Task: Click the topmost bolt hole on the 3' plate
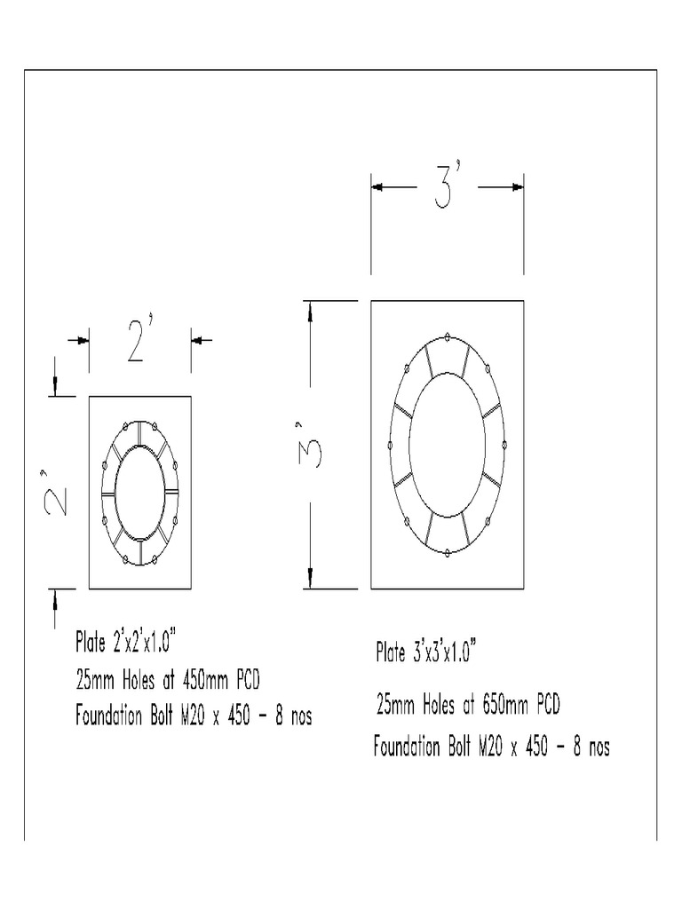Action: click(x=447, y=336)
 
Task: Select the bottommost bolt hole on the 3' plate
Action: click(x=447, y=554)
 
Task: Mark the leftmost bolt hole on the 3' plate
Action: click(x=389, y=445)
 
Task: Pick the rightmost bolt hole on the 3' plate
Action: click(x=504, y=445)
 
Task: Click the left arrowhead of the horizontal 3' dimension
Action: click(x=377, y=187)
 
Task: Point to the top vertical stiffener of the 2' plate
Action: click(x=140, y=432)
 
